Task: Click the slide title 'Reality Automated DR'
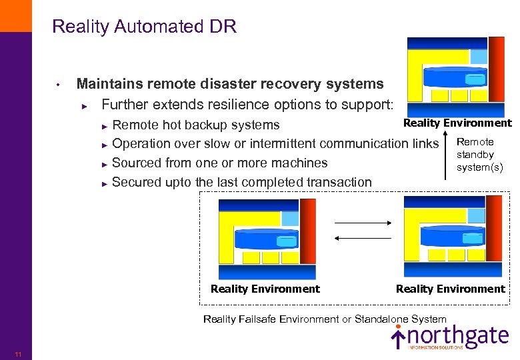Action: [x=144, y=27]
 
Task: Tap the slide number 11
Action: [x=17, y=354]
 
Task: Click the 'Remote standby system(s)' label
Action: [x=479, y=155]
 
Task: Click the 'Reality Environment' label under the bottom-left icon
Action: [x=265, y=289]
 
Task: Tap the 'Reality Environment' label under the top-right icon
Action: [x=457, y=123]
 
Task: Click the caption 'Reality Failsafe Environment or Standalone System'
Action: [x=325, y=319]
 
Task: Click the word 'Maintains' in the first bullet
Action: [x=107, y=84]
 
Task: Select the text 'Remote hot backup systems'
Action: [x=196, y=125]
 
